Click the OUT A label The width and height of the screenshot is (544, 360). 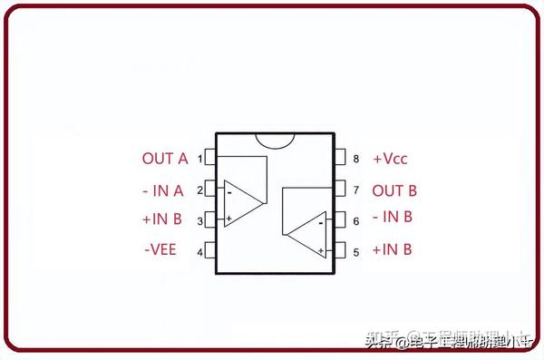pyautogui.click(x=164, y=159)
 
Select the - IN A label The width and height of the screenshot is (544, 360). pyautogui.click(x=163, y=190)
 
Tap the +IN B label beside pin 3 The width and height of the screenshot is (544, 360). pyautogui.click(x=162, y=219)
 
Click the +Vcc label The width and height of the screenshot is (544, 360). pyautogui.click(x=390, y=159)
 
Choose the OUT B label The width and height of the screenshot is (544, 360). pyautogui.click(x=394, y=190)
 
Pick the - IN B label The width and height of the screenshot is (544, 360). pyautogui.click(x=393, y=217)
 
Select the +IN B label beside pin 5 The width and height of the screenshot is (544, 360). pyautogui.click(x=393, y=250)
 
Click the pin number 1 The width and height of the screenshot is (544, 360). pyautogui.click(x=199, y=159)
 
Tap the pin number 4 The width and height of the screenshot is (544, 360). pyautogui.click(x=199, y=251)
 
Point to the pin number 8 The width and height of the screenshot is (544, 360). pyautogui.click(x=355, y=159)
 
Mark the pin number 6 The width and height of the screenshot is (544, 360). pyautogui.click(x=355, y=220)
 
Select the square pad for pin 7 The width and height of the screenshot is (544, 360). pyautogui.click(x=341, y=190)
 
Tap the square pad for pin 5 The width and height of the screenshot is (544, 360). pyautogui.click(x=341, y=250)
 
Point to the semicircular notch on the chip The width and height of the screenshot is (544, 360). pyautogui.click(x=276, y=141)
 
